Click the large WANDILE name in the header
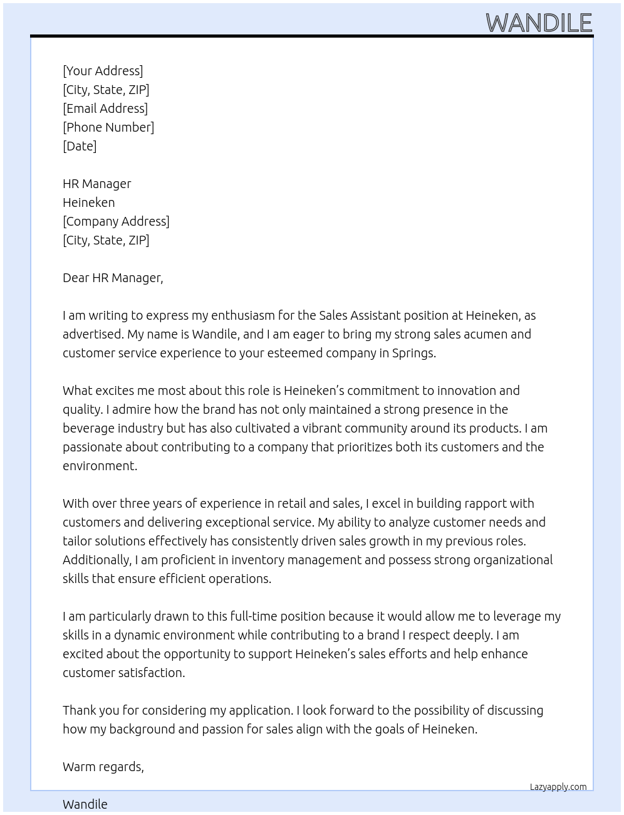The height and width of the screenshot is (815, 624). [x=539, y=23]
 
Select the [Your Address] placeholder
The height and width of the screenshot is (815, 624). [x=103, y=71]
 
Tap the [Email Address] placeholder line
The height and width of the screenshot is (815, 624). [x=105, y=108]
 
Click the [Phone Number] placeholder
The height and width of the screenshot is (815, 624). [x=108, y=127]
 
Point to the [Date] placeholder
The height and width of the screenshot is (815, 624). [x=80, y=146]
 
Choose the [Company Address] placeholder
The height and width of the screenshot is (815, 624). [x=116, y=221]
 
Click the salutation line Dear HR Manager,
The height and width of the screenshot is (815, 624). [x=113, y=278]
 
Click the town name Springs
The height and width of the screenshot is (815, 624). [x=413, y=353]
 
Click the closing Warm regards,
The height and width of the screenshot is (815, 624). [x=103, y=767]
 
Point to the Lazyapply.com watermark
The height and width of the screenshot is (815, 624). [x=558, y=787]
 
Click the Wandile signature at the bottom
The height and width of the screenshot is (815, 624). [x=85, y=804]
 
